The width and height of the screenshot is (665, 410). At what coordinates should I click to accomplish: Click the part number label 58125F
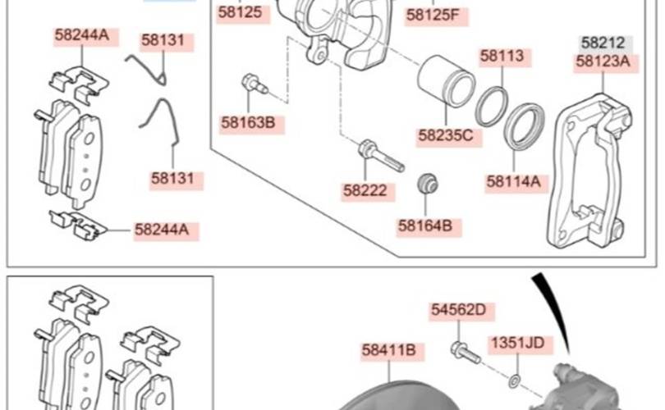433,16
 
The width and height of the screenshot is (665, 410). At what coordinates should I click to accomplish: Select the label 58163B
248,123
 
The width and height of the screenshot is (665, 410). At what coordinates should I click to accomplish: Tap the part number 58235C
445,135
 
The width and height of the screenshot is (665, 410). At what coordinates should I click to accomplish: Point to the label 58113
502,56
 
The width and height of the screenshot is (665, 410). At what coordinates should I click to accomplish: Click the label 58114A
514,182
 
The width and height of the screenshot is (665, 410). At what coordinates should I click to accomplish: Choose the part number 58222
365,190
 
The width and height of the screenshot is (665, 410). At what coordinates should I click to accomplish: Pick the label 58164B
425,225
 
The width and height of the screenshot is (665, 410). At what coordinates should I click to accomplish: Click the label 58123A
603,61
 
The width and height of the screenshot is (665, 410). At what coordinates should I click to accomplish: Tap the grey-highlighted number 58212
603,43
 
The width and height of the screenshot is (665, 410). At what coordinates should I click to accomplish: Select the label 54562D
458,310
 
